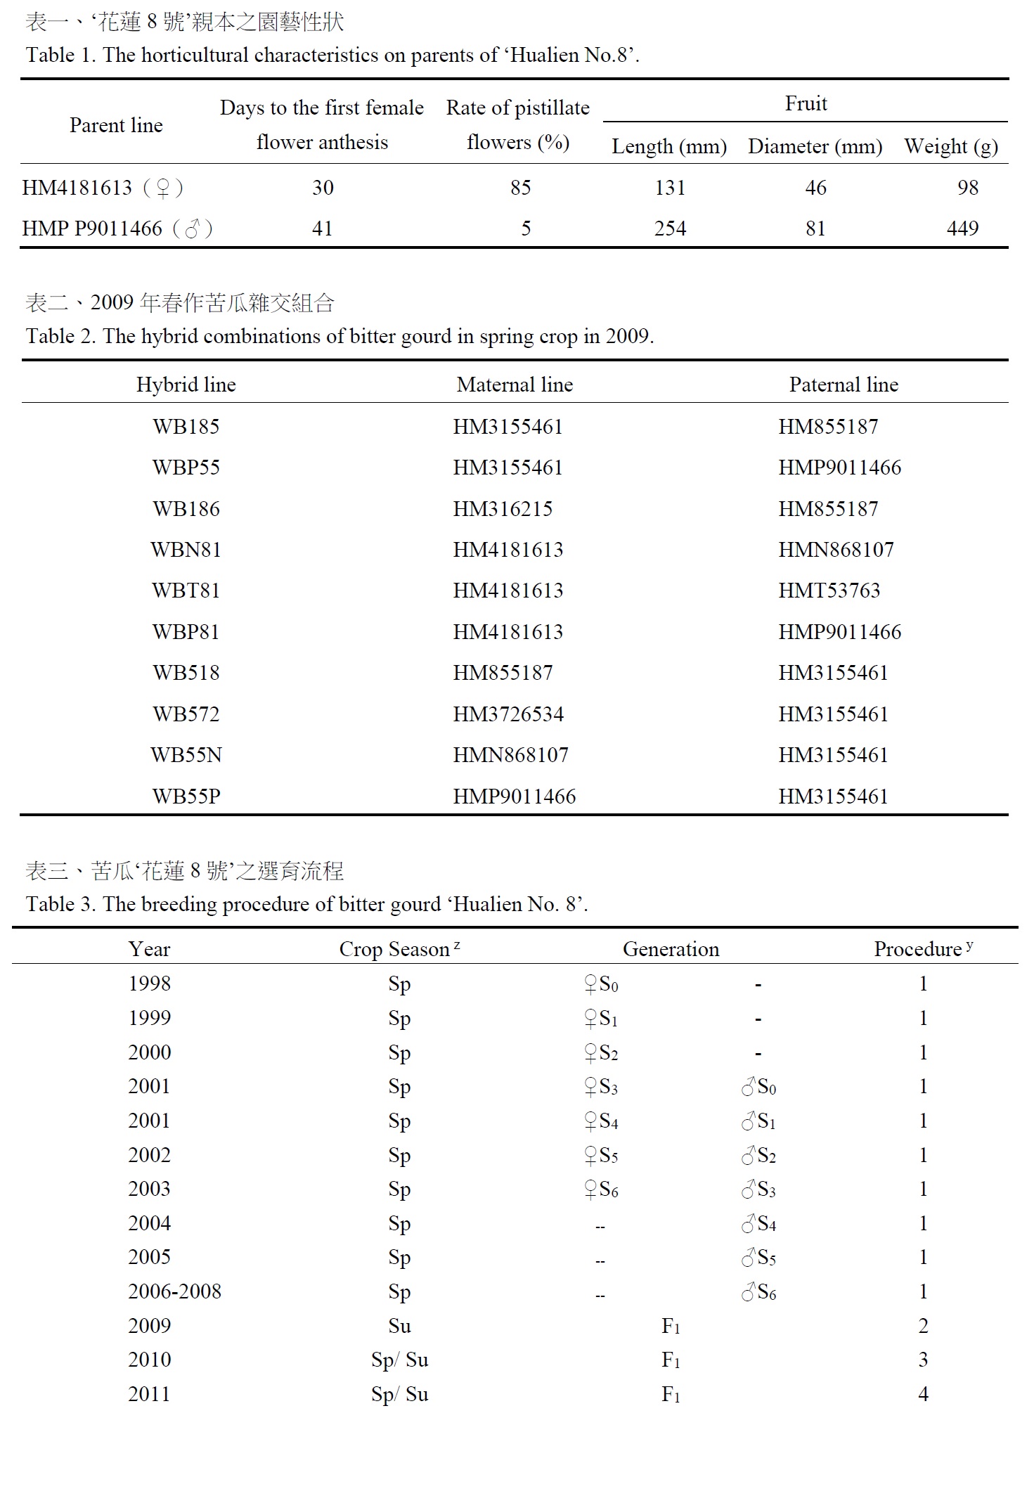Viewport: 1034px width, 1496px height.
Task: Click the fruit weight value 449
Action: tap(962, 228)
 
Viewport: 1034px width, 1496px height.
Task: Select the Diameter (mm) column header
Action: tap(815, 146)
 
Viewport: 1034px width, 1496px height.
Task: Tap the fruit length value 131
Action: tap(669, 188)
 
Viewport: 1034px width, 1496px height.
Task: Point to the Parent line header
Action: tap(116, 125)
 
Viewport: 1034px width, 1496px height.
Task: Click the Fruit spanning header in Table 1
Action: tap(806, 104)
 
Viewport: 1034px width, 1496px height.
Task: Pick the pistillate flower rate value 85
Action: tap(520, 188)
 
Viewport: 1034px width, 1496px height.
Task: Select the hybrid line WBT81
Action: tap(186, 591)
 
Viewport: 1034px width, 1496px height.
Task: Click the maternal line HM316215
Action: tap(503, 509)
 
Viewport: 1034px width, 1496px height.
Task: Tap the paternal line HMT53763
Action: tap(829, 591)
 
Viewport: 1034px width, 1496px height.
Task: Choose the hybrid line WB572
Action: tap(186, 714)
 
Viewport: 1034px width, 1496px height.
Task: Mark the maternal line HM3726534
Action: tap(508, 714)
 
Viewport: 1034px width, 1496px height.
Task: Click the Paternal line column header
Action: tap(844, 385)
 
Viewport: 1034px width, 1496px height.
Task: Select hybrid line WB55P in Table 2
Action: tap(186, 797)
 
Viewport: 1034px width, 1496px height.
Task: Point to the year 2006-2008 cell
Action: tap(174, 1291)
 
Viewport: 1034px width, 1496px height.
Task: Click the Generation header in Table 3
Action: tap(671, 949)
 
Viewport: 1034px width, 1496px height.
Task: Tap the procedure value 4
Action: tap(923, 1394)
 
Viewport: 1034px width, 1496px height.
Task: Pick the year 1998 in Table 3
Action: tap(149, 984)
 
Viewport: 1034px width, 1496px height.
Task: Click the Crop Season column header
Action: tap(399, 949)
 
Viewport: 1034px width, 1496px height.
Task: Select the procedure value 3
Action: tap(923, 1360)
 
